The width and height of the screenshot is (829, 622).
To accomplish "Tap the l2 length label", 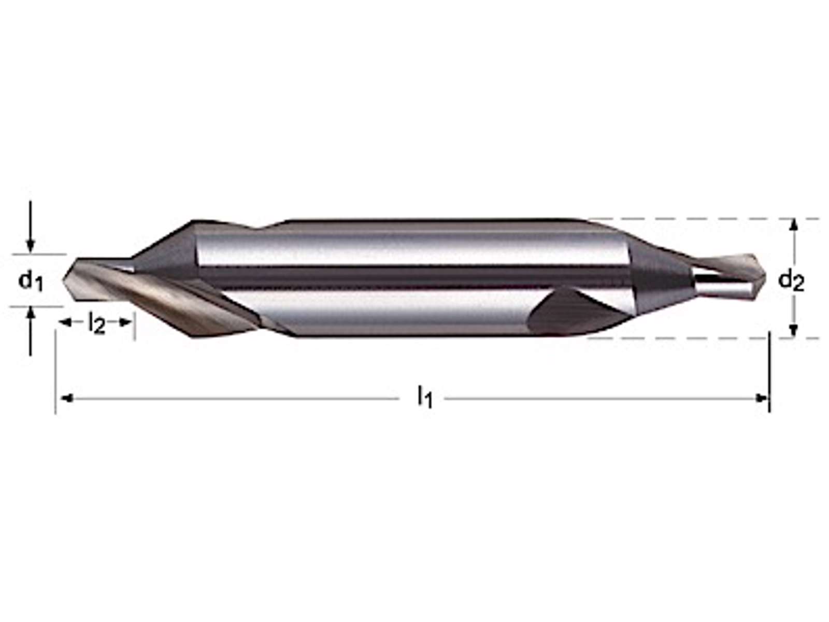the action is click(96, 323).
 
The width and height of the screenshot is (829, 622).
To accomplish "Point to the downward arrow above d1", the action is click(31, 226).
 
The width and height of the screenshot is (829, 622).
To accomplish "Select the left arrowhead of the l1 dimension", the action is click(66, 398).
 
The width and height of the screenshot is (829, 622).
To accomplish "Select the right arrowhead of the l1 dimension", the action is click(761, 398).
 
